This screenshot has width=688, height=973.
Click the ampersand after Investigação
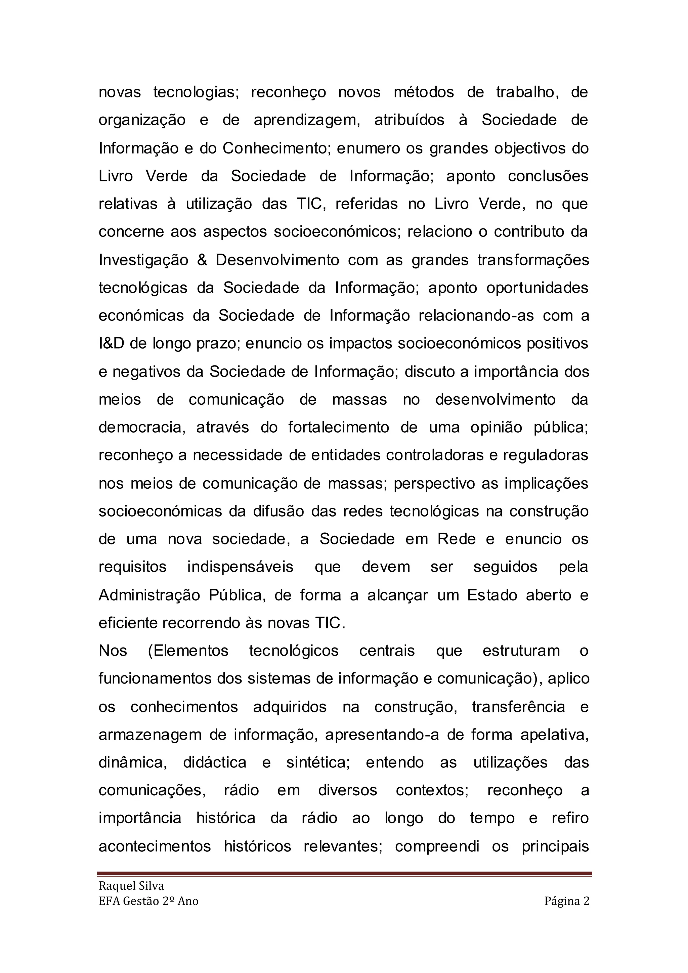tap(202, 260)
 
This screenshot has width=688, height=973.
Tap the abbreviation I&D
tap(112, 343)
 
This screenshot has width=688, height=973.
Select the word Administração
tap(149, 595)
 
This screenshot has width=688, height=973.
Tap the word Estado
tap(491, 595)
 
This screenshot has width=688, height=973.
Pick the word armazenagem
tap(150, 735)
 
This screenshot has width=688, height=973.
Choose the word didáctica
tap(215, 762)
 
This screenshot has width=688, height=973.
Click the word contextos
tap(432, 790)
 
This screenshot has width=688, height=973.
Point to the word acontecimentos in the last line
tap(155, 846)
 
